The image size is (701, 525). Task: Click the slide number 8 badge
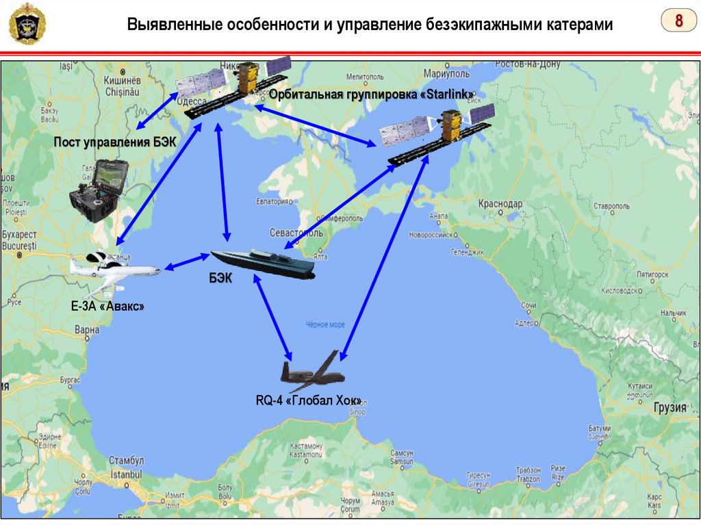(678, 21)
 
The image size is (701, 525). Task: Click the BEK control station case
(99, 192)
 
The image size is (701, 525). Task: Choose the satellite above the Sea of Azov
(438, 134)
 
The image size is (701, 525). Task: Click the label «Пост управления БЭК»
(116, 142)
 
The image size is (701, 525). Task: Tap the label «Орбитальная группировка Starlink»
(372, 94)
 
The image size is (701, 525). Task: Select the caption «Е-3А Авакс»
(107, 307)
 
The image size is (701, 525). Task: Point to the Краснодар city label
(500, 204)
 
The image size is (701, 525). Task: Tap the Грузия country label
(670, 407)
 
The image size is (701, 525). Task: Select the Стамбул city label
(126, 461)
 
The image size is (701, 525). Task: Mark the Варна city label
(87, 329)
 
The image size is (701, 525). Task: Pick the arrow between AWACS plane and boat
(186, 262)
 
